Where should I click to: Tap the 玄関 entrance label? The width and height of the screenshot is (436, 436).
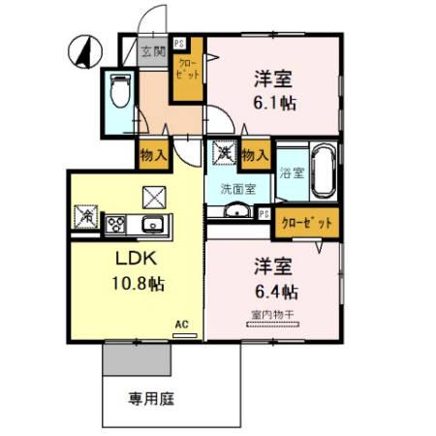point(152,52)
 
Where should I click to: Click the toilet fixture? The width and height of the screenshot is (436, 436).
point(119,90)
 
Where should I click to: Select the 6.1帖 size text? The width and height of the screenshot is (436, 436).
point(274,103)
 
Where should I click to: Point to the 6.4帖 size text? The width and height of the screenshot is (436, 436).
point(275,290)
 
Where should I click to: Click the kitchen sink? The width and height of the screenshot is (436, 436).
point(152,224)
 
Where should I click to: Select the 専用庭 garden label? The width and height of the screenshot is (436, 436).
point(148,397)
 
